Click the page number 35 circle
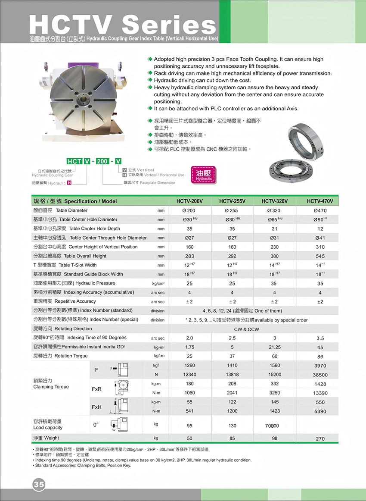pos(39,484)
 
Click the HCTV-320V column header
pos(274,201)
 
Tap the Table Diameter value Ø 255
pos(232,211)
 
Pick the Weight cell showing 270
pos(320,439)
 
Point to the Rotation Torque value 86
pos(320,357)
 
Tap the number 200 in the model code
pos(102,161)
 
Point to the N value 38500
pos(320,375)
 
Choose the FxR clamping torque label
pos(96,389)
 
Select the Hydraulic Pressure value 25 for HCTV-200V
pos(189,283)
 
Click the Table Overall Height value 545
pos(320,256)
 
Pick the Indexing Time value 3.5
pos(320,338)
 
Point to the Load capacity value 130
pos(233,426)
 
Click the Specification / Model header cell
pos(75,201)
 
